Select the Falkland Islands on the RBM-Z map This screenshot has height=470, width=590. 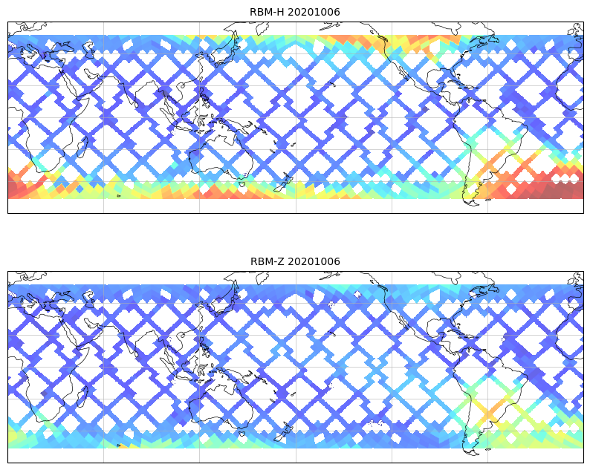tap(488, 448)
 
